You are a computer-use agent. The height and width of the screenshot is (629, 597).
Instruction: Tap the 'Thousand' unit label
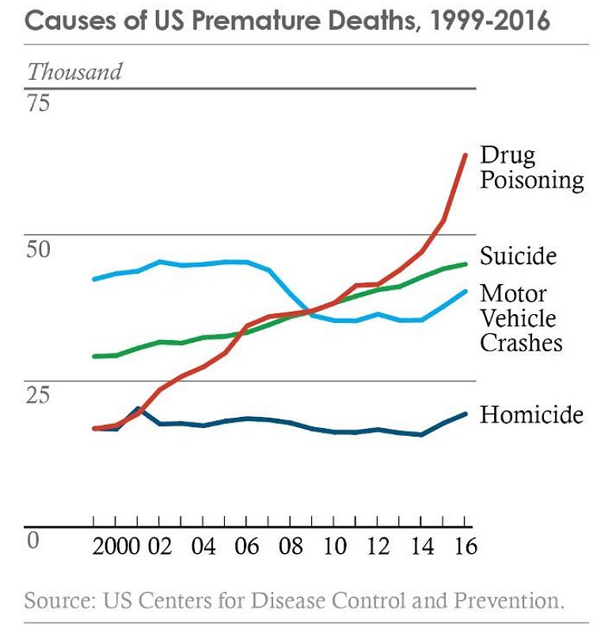pyautogui.click(x=75, y=71)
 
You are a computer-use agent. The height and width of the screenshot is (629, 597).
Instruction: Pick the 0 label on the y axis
pyautogui.click(x=32, y=540)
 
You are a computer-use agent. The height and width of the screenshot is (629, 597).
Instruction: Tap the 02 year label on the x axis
pyautogui.click(x=160, y=548)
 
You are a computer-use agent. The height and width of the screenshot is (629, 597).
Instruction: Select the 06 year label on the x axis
pyautogui.click(x=248, y=548)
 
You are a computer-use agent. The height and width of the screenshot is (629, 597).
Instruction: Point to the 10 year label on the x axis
pyautogui.click(x=335, y=548)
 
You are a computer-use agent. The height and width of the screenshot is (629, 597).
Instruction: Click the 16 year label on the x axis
pyautogui.click(x=465, y=548)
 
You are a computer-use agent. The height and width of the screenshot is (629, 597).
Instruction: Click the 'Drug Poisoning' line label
pyautogui.click(x=531, y=168)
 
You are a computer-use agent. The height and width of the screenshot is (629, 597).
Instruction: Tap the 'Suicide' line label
pyautogui.click(x=518, y=256)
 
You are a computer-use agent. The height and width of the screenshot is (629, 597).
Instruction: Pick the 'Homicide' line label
pyautogui.click(x=531, y=415)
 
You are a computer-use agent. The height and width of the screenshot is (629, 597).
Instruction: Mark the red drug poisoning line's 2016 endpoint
pyautogui.click(x=465, y=155)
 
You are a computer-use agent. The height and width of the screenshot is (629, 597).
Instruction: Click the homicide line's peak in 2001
pyautogui.click(x=138, y=409)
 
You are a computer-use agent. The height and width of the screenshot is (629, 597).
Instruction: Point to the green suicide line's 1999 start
pyautogui.click(x=94, y=356)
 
